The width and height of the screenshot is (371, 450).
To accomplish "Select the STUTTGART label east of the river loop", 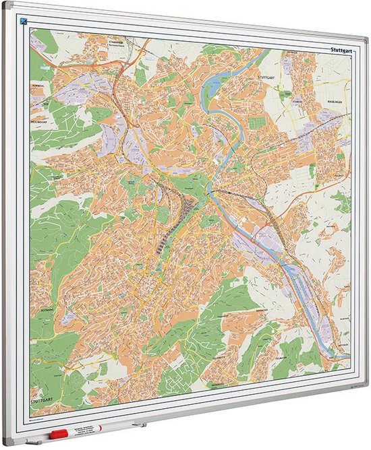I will (x=264, y=77).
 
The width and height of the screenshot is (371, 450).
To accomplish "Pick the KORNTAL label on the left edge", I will (x=38, y=86).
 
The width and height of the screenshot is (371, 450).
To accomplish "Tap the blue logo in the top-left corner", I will (x=24, y=20).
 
